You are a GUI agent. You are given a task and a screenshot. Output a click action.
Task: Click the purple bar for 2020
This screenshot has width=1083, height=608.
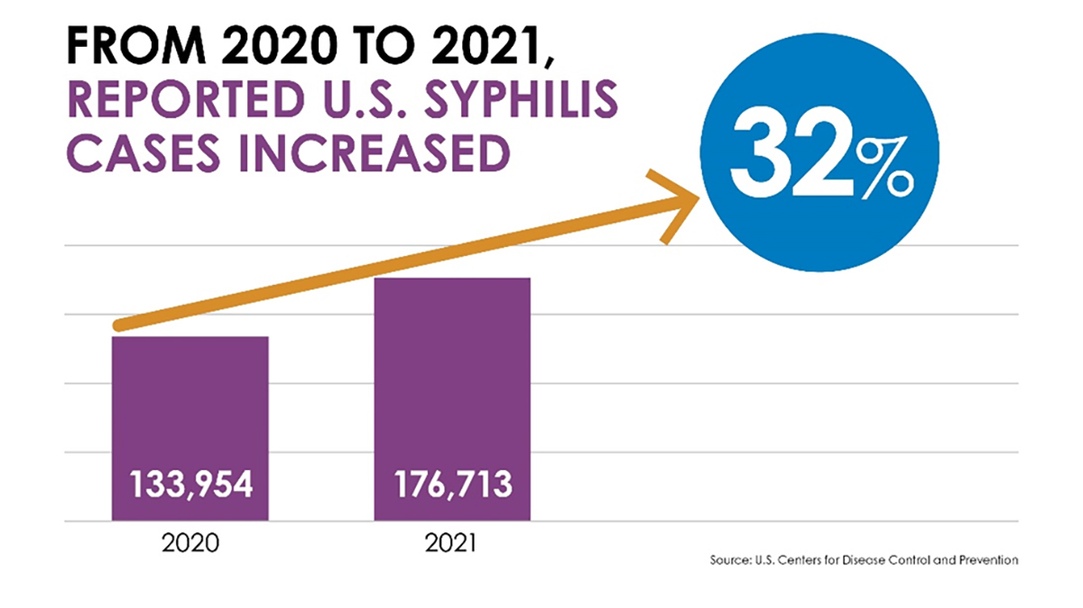tap(190, 406)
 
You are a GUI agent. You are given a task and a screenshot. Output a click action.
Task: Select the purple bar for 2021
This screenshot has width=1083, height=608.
tap(452, 379)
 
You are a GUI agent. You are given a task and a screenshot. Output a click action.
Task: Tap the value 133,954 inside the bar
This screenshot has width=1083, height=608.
tap(190, 486)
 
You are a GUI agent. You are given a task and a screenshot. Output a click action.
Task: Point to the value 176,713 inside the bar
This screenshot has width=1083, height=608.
tap(452, 486)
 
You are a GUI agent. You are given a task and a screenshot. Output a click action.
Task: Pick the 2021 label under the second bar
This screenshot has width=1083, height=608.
tap(452, 545)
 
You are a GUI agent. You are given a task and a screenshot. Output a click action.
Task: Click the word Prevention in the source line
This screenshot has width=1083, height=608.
tap(988, 560)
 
